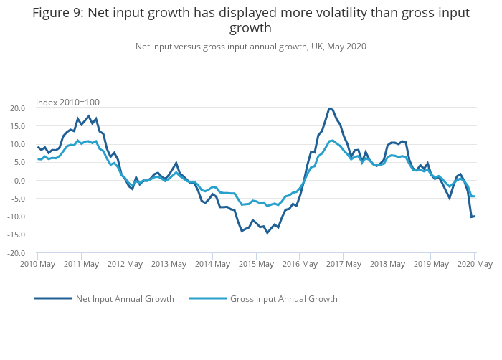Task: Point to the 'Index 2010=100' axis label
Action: pos(67,103)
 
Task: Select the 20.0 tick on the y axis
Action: pos(16,108)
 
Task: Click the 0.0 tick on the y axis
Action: pos(19,181)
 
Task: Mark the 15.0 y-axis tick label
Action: pos(16,126)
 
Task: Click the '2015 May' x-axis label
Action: pos(256,264)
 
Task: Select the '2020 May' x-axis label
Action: pos(475,264)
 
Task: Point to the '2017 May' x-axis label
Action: pos(344,264)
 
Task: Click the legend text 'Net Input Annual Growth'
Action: pos(125,299)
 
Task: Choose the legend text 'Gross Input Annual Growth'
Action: pos(283,299)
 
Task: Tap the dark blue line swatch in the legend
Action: pos(53,298)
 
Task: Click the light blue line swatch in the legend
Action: pos(208,298)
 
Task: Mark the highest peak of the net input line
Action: pos(329,108)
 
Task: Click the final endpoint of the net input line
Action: pos(475,216)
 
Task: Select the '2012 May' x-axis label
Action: pos(125,264)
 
